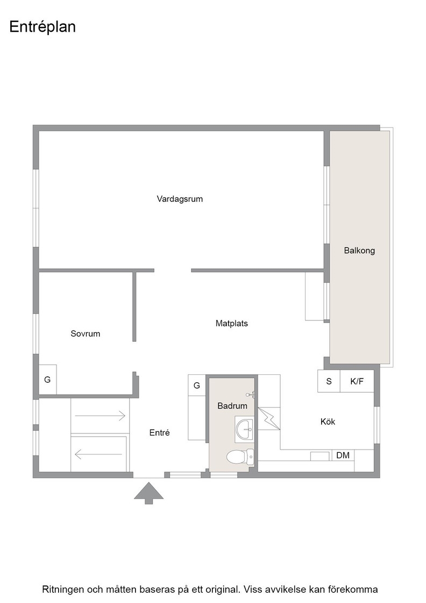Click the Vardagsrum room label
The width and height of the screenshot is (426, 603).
point(180,199)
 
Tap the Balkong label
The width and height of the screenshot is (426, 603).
point(359,251)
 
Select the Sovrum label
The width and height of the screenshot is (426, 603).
point(86,334)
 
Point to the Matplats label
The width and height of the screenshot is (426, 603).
point(232,324)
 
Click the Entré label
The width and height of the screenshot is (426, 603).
point(159,433)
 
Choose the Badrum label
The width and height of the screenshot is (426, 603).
point(232,406)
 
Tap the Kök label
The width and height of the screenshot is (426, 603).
point(328,422)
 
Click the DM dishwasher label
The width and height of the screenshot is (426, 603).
point(343,455)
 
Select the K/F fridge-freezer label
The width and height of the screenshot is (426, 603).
point(357,382)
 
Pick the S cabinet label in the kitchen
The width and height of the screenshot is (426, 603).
point(329,382)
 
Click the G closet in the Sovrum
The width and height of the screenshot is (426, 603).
point(47,380)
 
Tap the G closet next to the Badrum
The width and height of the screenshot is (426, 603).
point(197,385)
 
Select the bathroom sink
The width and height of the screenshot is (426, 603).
point(244,429)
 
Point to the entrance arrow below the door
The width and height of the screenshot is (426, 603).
point(148,493)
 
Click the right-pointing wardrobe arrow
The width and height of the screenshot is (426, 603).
point(100,416)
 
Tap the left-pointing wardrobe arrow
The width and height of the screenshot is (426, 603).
point(99,454)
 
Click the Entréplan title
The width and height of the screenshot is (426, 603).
point(42,27)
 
